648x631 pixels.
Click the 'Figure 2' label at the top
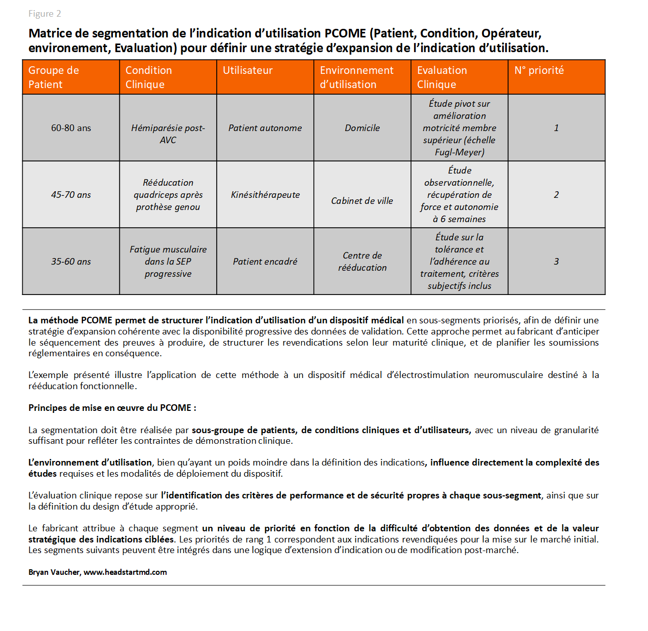pyautogui.click(x=45, y=14)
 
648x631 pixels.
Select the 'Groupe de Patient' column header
pyautogui.click(x=54, y=77)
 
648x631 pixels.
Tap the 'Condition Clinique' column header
pyautogui.click(x=148, y=77)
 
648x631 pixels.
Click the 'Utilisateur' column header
pyautogui.click(x=248, y=70)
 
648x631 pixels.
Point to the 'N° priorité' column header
pyautogui.click(x=539, y=70)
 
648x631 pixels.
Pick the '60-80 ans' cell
pyautogui.click(x=71, y=128)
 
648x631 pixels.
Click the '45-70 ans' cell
pyautogui.click(x=71, y=195)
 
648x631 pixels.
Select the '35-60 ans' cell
pyautogui.click(x=71, y=262)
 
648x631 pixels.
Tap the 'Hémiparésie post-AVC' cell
pyautogui.click(x=168, y=134)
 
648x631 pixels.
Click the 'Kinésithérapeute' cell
pyautogui.click(x=265, y=195)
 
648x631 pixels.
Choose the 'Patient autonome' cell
pyautogui.click(x=265, y=128)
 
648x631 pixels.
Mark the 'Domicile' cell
pyautogui.click(x=362, y=128)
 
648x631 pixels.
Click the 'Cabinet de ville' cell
pyautogui.click(x=362, y=201)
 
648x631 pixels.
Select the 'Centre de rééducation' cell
pyautogui.click(x=362, y=262)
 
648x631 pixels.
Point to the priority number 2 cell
pyautogui.click(x=556, y=195)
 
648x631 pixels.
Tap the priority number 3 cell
pyautogui.click(x=556, y=262)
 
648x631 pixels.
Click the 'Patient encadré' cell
pyautogui.click(x=265, y=262)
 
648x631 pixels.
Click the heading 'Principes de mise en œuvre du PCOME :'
pyautogui.click(x=112, y=408)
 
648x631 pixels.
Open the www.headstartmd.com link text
pyautogui.click(x=125, y=572)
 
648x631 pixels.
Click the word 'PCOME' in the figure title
pyautogui.click(x=345, y=33)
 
